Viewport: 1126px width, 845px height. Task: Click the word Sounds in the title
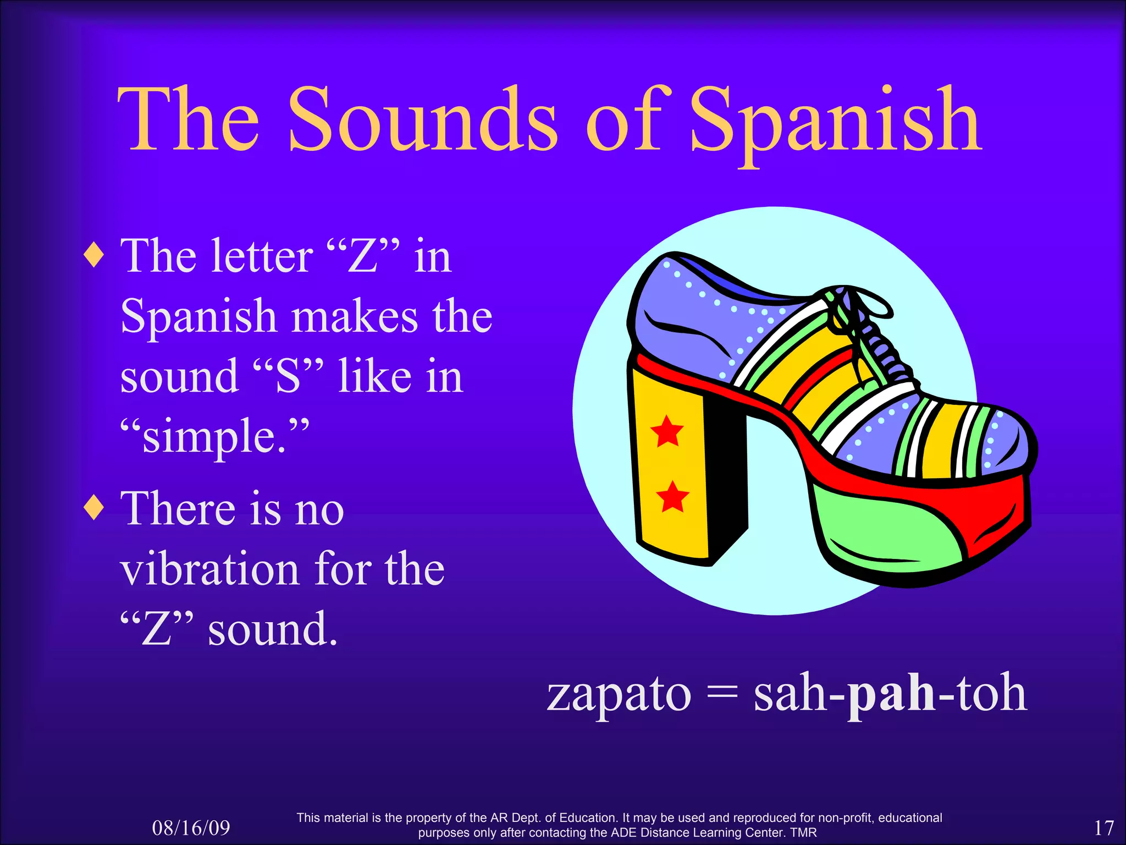pyautogui.click(x=423, y=120)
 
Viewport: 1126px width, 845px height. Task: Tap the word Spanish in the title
pyautogui.click(x=835, y=122)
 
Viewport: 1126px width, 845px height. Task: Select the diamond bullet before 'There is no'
pyautogui.click(x=95, y=507)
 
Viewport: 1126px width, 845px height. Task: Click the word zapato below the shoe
pyautogui.click(x=619, y=694)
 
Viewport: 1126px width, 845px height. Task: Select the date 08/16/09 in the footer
pyautogui.click(x=191, y=828)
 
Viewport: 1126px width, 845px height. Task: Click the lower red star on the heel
pyautogui.click(x=672, y=496)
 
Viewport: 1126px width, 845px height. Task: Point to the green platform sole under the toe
pyautogui.click(x=885, y=528)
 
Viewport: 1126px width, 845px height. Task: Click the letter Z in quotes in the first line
pyautogui.click(x=363, y=256)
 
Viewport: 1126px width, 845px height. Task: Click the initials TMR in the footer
pyautogui.click(x=803, y=833)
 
